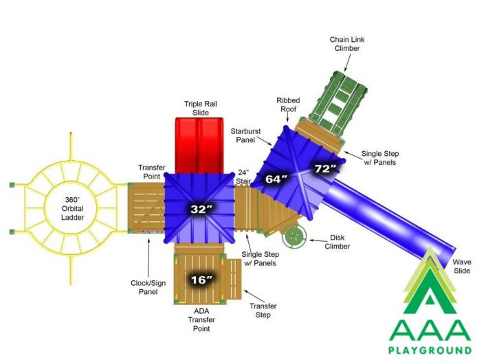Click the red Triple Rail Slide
(199, 145)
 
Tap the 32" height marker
(201, 209)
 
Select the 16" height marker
(201, 280)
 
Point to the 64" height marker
(276, 179)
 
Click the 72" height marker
(325, 169)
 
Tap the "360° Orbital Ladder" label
(72, 209)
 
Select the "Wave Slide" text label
(462, 266)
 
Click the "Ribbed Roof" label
(288, 104)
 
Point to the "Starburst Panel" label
(245, 136)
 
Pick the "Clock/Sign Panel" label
(148, 287)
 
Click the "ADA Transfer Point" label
(201, 319)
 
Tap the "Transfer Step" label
(263, 310)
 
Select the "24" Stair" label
(243, 177)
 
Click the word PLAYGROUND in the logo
(430, 350)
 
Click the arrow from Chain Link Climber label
(348, 62)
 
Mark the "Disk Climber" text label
(338, 242)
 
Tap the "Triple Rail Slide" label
(201, 108)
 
